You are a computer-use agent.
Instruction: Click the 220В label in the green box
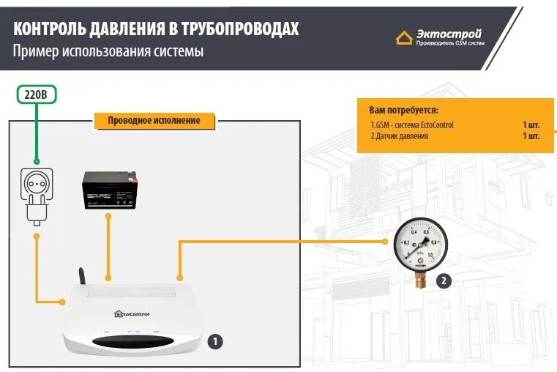[x=36, y=94]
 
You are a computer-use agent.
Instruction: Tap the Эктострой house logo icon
[x=404, y=37]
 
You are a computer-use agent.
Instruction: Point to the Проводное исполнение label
[x=154, y=120]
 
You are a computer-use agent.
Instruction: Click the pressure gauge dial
[x=419, y=245]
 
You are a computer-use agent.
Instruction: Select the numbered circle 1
[x=214, y=341]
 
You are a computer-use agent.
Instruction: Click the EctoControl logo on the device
[x=132, y=314]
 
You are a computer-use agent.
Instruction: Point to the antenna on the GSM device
[x=81, y=275]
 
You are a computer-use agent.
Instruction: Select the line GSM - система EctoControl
[x=412, y=125]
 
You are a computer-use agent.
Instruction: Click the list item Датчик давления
[x=400, y=136]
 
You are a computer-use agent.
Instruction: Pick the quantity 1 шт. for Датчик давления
[x=531, y=136]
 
